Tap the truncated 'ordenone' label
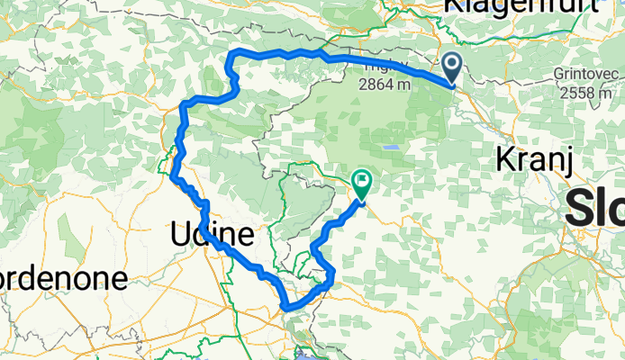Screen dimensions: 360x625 coord(63,278)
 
